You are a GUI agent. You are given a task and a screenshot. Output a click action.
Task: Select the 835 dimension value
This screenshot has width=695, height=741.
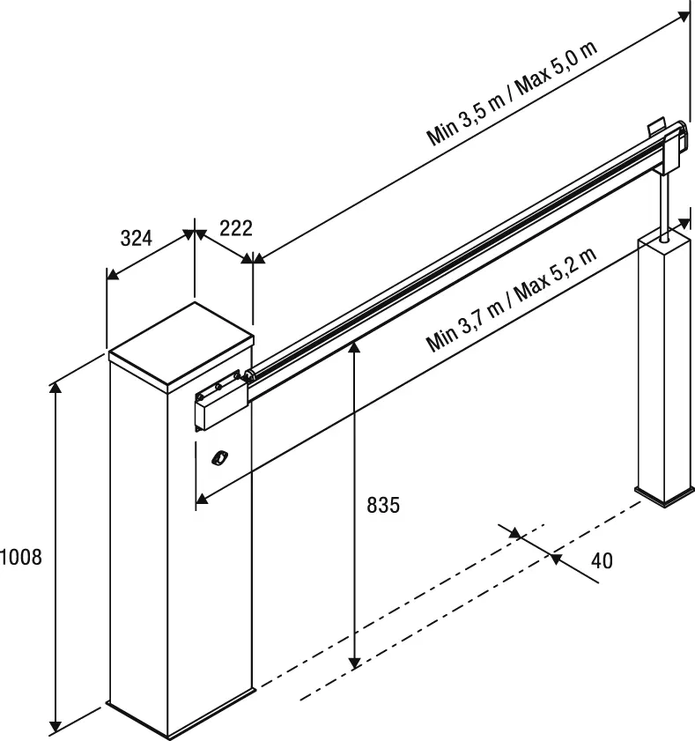click(x=382, y=506)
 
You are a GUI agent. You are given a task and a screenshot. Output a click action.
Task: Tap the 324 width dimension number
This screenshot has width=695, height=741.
click(x=137, y=239)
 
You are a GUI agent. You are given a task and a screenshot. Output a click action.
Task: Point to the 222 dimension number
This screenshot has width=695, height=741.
click(x=235, y=229)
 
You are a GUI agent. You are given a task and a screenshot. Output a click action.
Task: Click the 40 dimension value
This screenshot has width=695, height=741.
click(x=602, y=561)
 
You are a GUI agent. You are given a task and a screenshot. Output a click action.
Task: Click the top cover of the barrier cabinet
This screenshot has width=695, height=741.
click(x=181, y=344)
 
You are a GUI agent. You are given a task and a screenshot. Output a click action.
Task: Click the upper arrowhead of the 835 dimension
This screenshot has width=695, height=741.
click(x=354, y=346)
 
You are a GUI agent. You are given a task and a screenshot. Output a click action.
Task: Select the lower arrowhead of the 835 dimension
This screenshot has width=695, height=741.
click(x=354, y=663)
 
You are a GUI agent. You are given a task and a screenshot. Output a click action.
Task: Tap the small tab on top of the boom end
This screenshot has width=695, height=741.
click(x=654, y=127)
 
